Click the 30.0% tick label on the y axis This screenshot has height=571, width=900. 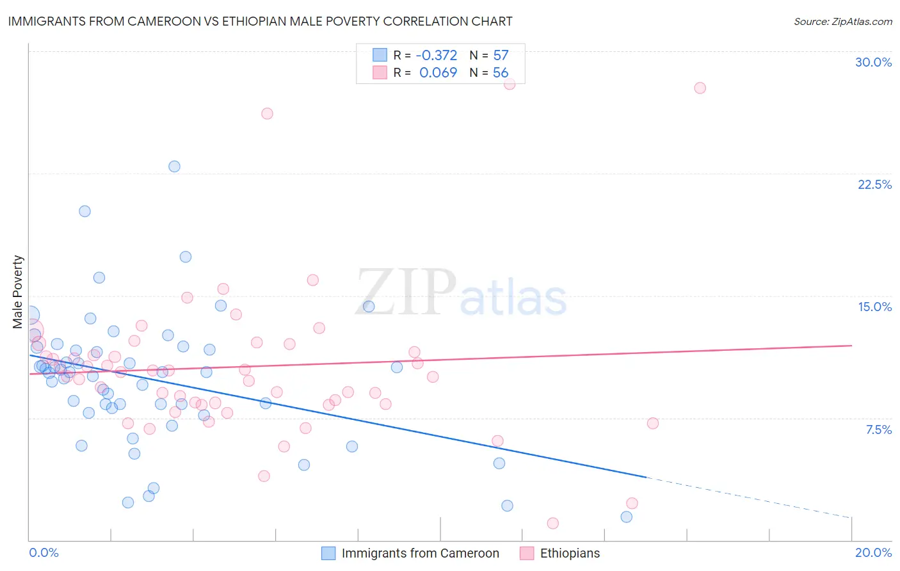point(873,62)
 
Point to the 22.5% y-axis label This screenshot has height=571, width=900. point(874,184)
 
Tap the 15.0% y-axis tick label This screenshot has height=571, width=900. point(874,307)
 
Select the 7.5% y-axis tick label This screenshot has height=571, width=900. point(878,430)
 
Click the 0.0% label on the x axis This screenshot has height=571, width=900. point(44,552)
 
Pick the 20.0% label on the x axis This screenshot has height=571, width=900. point(873,552)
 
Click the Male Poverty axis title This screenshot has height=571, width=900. point(18,292)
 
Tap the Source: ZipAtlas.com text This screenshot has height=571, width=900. point(842,22)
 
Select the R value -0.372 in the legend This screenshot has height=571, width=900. point(437,56)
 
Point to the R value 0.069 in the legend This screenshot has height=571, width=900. point(438,73)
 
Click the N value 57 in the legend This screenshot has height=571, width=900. point(501,56)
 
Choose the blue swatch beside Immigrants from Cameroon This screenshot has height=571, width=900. point(328,553)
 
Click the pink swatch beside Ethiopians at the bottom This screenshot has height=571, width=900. point(527,553)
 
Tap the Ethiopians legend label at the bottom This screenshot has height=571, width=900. point(570,553)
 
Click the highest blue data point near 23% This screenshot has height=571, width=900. point(174,166)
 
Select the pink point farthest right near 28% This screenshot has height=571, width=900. point(700,88)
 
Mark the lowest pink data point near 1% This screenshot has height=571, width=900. point(552,523)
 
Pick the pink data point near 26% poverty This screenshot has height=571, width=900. point(267,113)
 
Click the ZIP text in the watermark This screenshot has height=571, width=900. point(406,293)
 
